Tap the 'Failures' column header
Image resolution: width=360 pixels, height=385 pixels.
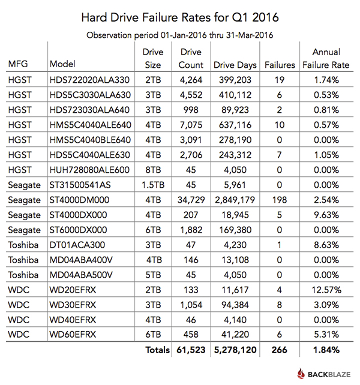278,64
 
